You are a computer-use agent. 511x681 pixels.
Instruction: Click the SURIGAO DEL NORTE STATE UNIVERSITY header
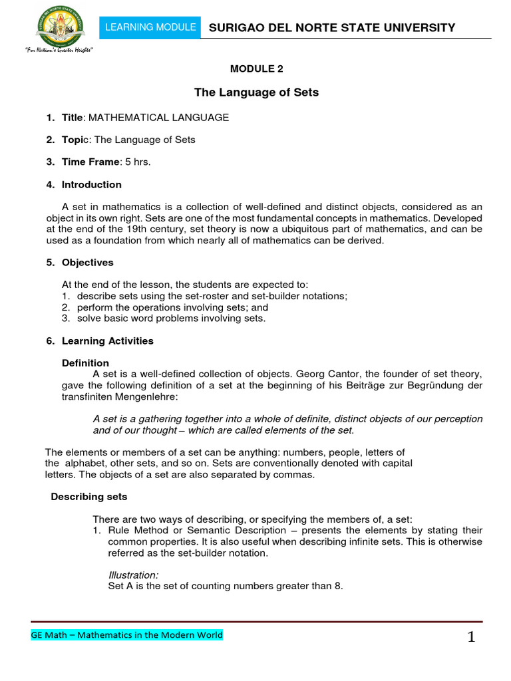tap(331, 27)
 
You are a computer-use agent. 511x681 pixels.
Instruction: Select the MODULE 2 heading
tap(255, 68)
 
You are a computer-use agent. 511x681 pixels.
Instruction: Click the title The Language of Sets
tap(255, 92)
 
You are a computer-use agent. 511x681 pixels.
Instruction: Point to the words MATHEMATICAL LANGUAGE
tap(158, 118)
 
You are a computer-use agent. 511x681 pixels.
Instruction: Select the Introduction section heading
tap(91, 184)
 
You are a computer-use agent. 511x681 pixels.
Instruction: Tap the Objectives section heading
tap(87, 263)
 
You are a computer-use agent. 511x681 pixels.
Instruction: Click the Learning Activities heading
tap(107, 340)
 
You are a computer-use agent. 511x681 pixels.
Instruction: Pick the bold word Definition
tap(85, 363)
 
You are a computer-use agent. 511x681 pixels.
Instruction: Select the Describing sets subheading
tap(89, 497)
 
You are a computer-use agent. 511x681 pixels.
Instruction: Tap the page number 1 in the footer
tap(471, 638)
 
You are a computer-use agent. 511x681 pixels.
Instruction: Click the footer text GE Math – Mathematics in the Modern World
tap(127, 635)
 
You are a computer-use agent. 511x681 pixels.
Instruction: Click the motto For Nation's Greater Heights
tap(59, 51)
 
